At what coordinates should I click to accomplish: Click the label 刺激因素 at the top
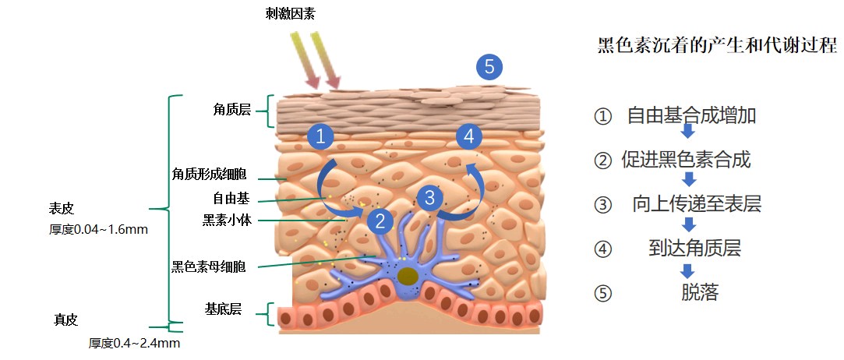(290, 13)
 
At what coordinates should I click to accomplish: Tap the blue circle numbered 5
(489, 67)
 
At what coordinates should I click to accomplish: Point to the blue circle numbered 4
(468, 136)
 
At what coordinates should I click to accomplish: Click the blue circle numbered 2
(380, 221)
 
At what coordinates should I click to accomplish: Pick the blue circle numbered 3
(429, 197)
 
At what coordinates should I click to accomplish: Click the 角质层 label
(231, 110)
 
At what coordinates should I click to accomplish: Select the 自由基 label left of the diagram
(231, 197)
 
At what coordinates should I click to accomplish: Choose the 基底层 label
(223, 309)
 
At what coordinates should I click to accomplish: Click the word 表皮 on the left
(62, 209)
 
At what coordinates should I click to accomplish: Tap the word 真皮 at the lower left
(66, 319)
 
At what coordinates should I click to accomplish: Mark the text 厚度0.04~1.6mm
(98, 230)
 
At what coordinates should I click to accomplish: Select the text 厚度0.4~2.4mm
(135, 343)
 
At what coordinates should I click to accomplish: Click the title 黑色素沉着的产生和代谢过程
(716, 45)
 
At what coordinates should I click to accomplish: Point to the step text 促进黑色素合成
(686, 161)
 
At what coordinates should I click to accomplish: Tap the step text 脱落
(699, 293)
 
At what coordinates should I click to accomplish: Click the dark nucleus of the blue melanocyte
(407, 276)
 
